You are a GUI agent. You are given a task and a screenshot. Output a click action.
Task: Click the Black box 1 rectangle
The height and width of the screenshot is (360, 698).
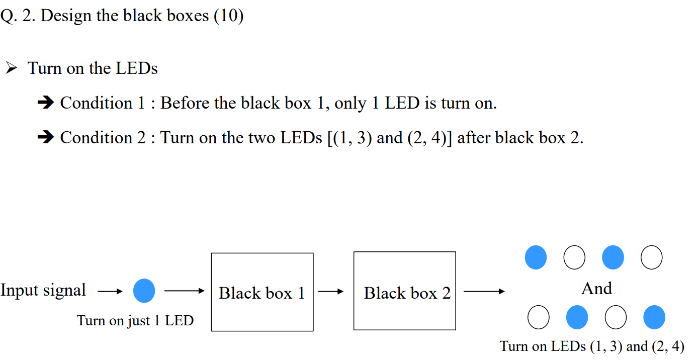[262, 292]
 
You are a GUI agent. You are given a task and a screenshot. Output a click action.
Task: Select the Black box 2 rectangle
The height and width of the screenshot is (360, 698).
[405, 292]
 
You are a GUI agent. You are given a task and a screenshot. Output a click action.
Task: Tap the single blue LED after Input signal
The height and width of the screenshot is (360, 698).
[144, 291]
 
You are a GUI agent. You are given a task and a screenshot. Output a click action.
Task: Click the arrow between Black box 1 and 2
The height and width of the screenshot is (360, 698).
[331, 291]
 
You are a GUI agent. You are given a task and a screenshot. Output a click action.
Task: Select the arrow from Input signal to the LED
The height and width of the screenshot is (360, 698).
[110, 291]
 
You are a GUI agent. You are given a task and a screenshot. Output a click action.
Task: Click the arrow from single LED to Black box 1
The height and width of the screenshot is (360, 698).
[184, 291]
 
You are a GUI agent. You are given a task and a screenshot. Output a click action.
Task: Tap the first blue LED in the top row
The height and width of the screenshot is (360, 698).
[536, 257]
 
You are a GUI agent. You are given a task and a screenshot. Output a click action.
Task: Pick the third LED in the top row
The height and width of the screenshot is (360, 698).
[613, 257]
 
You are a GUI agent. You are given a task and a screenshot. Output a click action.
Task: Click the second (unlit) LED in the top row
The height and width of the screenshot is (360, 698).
[574, 257]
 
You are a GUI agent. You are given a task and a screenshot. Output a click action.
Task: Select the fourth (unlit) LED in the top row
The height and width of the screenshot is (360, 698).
[652, 257]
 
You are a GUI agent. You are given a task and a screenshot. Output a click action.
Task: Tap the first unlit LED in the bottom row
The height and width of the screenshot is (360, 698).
[539, 318]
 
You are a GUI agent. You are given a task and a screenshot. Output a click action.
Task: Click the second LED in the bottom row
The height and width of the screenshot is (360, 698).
[577, 318]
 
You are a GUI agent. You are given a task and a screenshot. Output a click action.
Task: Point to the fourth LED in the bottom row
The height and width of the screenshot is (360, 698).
[654, 318]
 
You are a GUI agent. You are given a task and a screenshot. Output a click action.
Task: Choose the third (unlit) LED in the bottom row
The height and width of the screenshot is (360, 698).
[616, 318]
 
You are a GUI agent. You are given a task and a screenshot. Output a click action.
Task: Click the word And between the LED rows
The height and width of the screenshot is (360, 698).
[596, 288]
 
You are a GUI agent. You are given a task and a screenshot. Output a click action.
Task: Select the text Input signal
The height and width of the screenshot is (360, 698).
[43, 290]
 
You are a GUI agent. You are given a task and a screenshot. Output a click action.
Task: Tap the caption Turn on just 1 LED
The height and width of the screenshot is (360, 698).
[135, 320]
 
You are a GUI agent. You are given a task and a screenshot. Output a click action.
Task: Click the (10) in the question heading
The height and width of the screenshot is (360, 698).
[228, 16]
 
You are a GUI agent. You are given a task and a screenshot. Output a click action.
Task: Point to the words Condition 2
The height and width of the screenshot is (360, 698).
[103, 137]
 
